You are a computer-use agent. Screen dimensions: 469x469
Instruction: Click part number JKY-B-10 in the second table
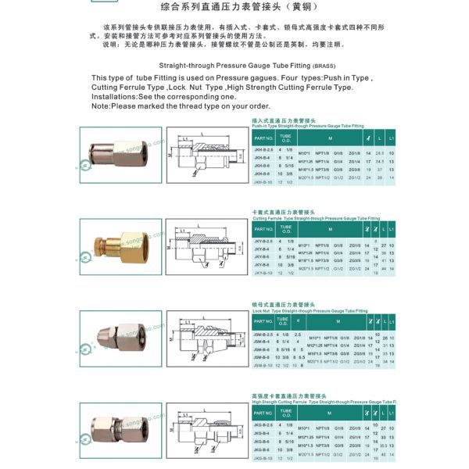tap(263, 273)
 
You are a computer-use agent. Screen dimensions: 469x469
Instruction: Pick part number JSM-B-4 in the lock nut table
tap(263, 342)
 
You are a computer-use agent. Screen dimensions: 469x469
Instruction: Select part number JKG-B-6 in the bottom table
tap(263, 442)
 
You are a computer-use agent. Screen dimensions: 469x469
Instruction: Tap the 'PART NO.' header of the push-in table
tap(263, 136)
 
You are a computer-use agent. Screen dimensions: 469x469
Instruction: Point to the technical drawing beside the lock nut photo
tap(205, 335)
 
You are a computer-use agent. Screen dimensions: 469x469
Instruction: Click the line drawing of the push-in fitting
tap(205, 155)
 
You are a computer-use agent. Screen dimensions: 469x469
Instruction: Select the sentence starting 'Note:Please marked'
tap(181, 106)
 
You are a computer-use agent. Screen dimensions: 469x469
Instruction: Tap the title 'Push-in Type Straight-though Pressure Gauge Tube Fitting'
tap(308, 125)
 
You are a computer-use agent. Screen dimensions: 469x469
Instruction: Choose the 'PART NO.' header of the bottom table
tap(263, 411)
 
